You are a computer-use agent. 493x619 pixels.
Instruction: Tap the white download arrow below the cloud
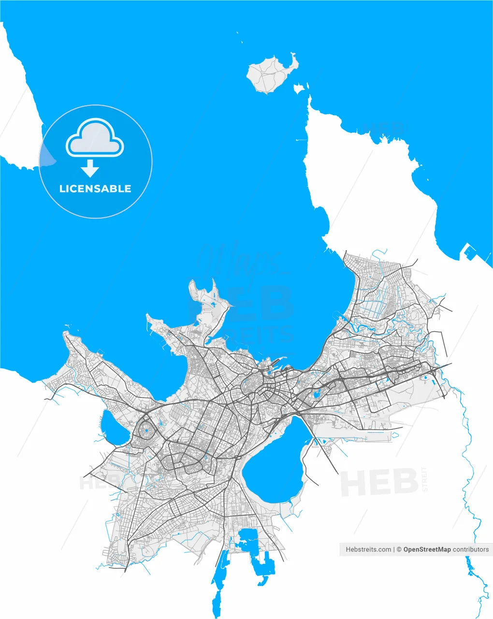pyautogui.click(x=90, y=168)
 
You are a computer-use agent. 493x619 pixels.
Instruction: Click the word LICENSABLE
pyautogui.click(x=95, y=189)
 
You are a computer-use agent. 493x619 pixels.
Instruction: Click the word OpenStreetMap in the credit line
pyautogui.click(x=427, y=549)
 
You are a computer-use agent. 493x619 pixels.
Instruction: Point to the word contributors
pyautogui.click(x=471, y=549)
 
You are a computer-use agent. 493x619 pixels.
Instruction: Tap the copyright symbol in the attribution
pyautogui.click(x=399, y=549)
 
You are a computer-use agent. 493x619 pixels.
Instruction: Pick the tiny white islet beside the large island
pyautogui.click(x=299, y=88)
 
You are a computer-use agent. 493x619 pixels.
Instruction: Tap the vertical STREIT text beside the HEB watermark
pyautogui.click(x=425, y=479)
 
